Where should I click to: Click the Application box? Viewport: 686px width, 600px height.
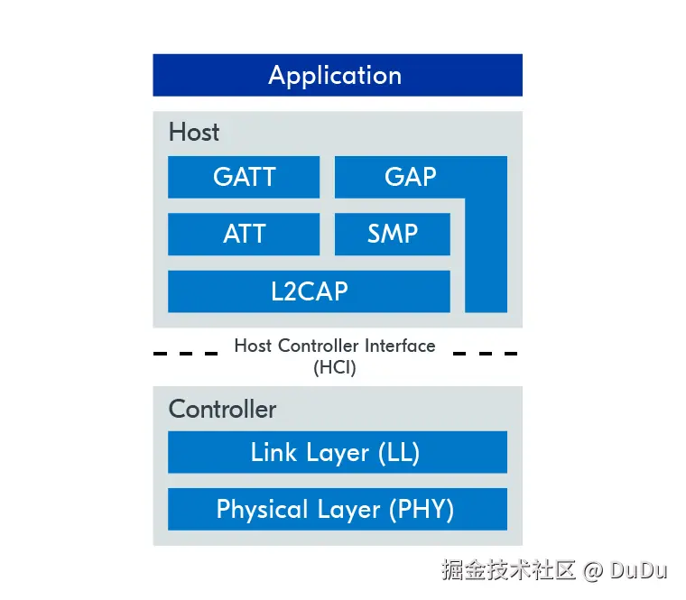(337, 75)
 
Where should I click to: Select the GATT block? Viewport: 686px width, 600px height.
(244, 177)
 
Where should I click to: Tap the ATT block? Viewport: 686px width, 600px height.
(244, 235)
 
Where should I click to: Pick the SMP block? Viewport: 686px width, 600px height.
(392, 235)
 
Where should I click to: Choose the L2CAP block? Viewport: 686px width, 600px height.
(309, 291)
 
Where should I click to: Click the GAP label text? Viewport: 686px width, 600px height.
(410, 177)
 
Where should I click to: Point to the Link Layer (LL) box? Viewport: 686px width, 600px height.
(337, 452)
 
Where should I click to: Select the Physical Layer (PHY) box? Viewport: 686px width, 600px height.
(337, 510)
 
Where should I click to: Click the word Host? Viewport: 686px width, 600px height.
(193, 133)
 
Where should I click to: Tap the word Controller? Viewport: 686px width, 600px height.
(222, 409)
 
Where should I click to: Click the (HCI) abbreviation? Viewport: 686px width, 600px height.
(335, 367)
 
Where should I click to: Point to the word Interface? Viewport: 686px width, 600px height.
(399, 346)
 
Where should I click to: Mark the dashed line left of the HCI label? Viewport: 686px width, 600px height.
(185, 353)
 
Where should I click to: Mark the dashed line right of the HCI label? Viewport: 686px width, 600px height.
(486, 353)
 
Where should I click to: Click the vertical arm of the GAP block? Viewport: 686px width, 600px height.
(486, 262)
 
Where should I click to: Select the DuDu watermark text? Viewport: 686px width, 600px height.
(638, 570)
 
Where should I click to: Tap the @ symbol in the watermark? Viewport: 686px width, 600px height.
(592, 570)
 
